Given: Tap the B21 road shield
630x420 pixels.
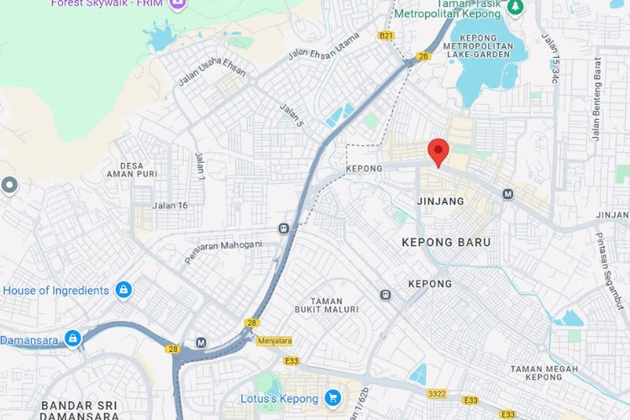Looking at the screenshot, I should pyautogui.click(x=386, y=35).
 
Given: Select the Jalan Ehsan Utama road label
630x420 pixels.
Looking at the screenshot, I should pyautogui.click(x=323, y=45).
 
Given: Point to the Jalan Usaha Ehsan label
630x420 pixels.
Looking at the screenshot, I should pyautogui.click(x=212, y=72).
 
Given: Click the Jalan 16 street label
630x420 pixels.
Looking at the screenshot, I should pyautogui.click(x=170, y=205).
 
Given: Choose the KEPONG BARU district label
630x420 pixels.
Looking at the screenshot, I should pyautogui.click(x=446, y=242).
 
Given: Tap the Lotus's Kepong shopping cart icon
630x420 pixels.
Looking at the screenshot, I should pyautogui.click(x=333, y=396).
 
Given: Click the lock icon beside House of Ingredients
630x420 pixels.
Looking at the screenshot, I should pyautogui.click(x=123, y=290).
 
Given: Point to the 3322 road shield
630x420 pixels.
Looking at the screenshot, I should pyautogui.click(x=437, y=393).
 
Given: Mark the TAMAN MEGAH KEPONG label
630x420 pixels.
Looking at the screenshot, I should pyautogui.click(x=543, y=373).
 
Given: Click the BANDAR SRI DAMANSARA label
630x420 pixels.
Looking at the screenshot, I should pyautogui.click(x=79, y=410).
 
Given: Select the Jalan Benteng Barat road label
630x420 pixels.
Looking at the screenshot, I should pyautogui.click(x=596, y=97).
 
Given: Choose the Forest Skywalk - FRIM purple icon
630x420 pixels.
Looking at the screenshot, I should pyautogui.click(x=177, y=4).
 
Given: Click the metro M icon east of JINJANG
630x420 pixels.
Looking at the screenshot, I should pyautogui.click(x=508, y=194).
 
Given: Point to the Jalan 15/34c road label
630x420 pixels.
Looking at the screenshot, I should pyautogui.click(x=550, y=58).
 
